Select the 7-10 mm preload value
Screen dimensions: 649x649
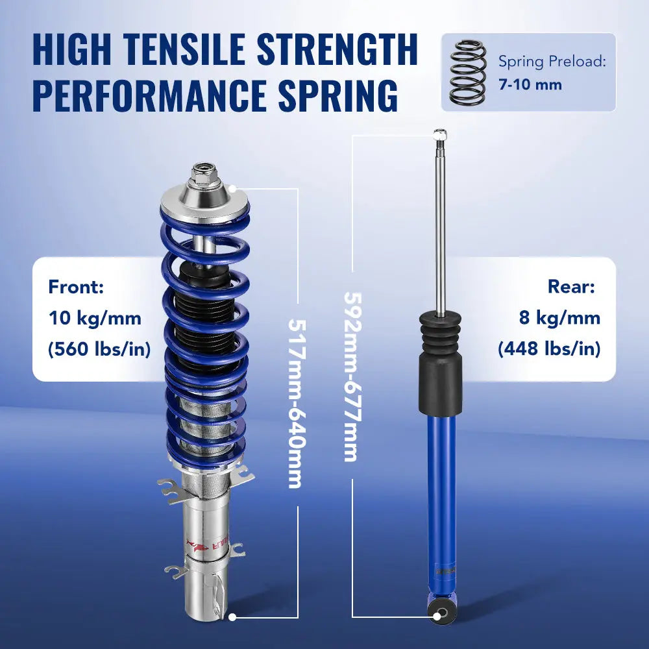[x=530, y=84]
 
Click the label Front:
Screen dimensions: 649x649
[x=76, y=287]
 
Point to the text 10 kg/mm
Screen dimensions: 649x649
[x=95, y=318]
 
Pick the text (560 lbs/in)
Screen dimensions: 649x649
[x=99, y=349]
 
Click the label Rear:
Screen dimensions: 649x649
[x=571, y=287]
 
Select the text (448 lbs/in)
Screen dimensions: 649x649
[x=549, y=349]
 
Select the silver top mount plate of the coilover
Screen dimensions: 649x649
[x=204, y=204]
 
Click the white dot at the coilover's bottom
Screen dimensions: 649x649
[x=232, y=617]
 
